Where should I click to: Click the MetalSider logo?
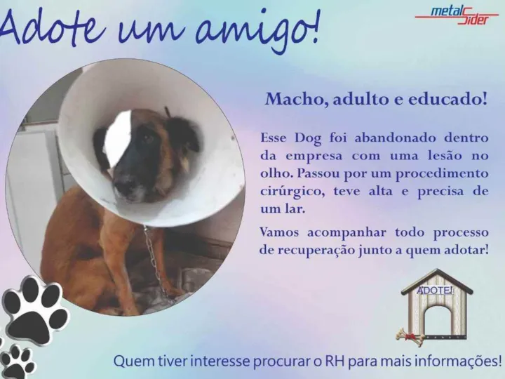[x=457, y=15]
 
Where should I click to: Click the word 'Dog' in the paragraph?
[x=308, y=138]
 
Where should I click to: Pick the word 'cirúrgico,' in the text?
[x=292, y=192]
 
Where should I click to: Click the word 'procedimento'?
[x=442, y=174]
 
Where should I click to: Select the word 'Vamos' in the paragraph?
[x=279, y=232]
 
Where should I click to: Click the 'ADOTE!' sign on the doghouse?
[x=435, y=290]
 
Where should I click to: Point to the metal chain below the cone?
[x=154, y=261]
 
